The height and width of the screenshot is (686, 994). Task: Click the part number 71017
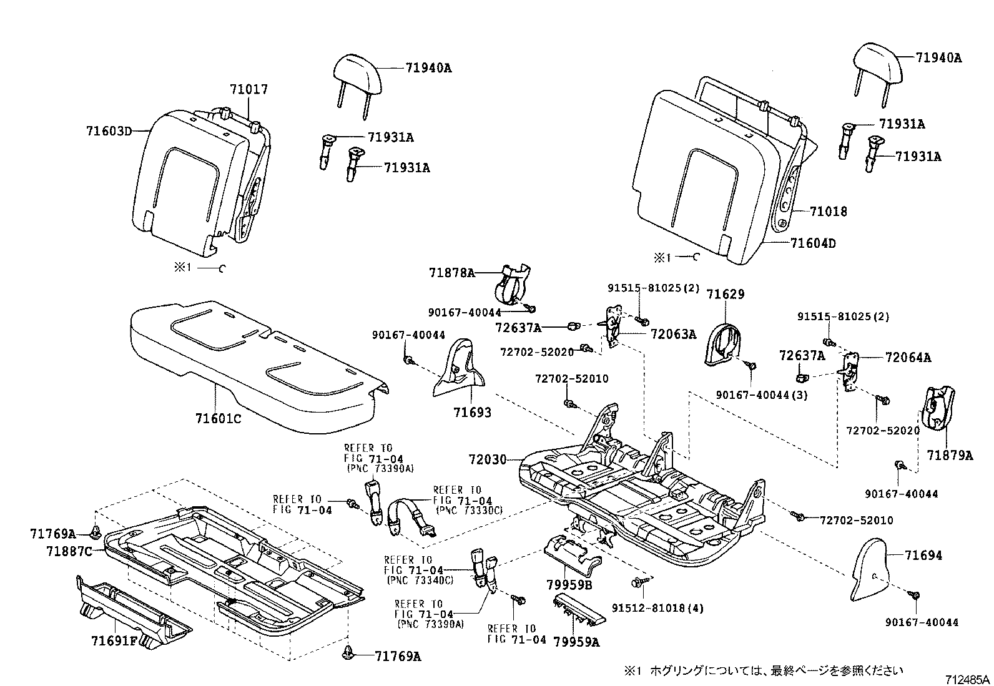248,90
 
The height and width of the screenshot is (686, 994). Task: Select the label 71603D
109,131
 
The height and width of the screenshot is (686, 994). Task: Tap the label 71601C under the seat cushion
217,419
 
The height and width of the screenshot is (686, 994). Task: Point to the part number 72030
488,460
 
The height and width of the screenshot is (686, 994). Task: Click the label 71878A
452,273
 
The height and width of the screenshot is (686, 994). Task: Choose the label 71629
725,294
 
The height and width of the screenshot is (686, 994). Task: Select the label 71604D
812,244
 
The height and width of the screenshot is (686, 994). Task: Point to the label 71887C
69,551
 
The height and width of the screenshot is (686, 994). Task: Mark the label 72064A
908,358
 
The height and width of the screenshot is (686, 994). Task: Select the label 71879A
950,456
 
